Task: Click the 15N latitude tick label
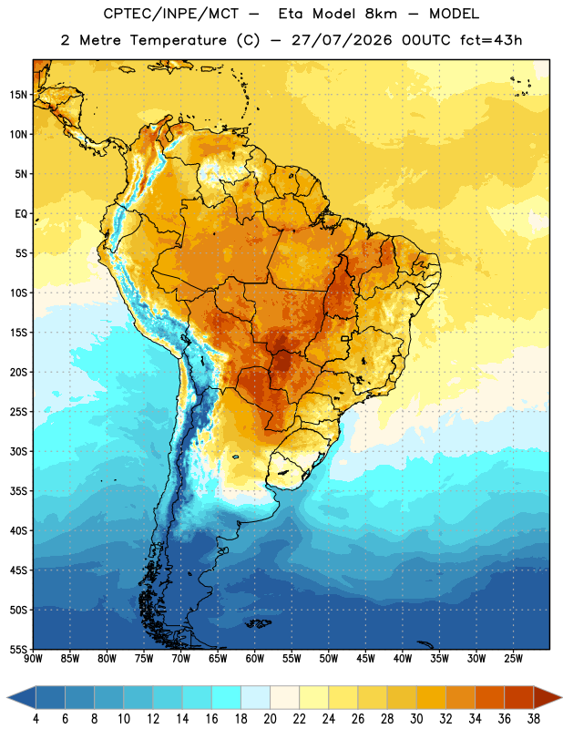[x=18, y=95]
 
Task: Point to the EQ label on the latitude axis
[x=21, y=214]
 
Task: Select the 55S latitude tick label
[x=18, y=649]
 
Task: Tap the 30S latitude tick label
[x=18, y=451]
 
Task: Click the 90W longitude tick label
[x=33, y=659]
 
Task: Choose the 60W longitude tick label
[x=255, y=659]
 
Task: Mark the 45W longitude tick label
[x=365, y=659]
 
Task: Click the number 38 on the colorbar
[x=533, y=719]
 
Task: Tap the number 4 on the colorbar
[x=36, y=719]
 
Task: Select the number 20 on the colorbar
[x=270, y=719]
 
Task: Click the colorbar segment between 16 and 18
[x=227, y=697]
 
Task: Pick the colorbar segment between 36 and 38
[x=519, y=697]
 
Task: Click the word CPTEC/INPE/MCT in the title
[x=170, y=15]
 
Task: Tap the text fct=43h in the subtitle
[x=491, y=40]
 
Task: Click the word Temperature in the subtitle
[x=178, y=40]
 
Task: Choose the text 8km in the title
[x=381, y=15]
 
